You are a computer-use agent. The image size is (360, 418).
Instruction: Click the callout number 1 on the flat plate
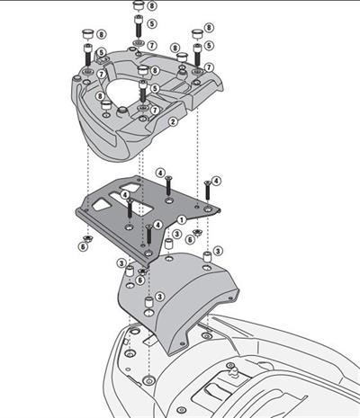(x=181, y=219)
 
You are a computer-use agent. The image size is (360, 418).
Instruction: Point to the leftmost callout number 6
(x=83, y=245)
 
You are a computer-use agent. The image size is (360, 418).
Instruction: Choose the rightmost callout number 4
(x=216, y=182)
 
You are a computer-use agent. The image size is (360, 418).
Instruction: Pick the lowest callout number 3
(x=158, y=297)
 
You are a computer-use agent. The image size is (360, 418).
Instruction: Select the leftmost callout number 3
(x=120, y=262)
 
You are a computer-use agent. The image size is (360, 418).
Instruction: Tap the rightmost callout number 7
(x=208, y=67)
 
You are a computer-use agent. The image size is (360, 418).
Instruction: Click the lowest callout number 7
(x=154, y=109)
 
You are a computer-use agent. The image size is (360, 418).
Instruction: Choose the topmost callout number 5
(x=152, y=23)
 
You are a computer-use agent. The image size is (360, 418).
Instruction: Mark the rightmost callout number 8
(x=209, y=29)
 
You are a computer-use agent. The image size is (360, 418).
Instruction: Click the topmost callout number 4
(x=159, y=172)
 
